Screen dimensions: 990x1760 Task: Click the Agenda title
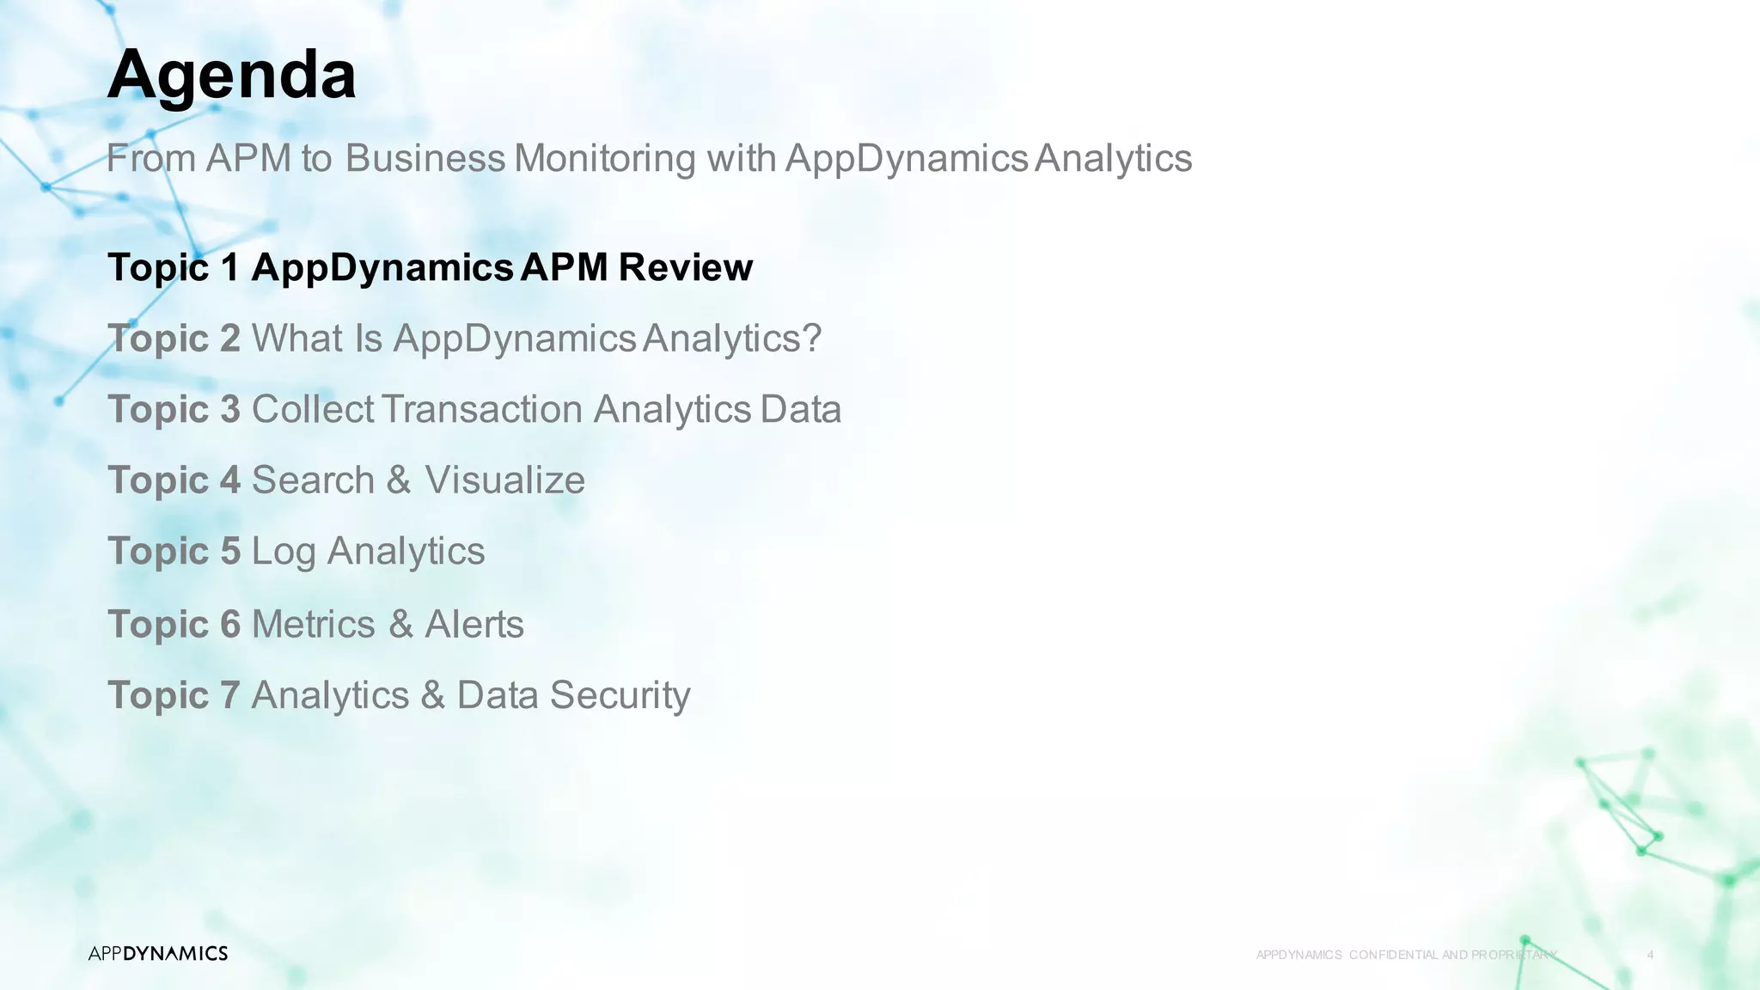(x=231, y=76)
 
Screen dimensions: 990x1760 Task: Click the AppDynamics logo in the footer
(x=158, y=953)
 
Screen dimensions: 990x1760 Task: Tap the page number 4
(x=1650, y=955)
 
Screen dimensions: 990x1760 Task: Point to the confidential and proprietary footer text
(x=1406, y=955)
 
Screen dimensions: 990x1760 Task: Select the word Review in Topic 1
(x=685, y=267)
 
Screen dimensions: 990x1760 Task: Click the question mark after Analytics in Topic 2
(x=812, y=339)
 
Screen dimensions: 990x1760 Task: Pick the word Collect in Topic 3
(x=312, y=409)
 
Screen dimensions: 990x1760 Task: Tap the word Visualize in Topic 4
(x=504, y=480)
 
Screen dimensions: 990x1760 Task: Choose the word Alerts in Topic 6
(x=474, y=624)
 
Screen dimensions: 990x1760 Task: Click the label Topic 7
(x=174, y=695)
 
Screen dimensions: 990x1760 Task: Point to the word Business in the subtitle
(x=425, y=158)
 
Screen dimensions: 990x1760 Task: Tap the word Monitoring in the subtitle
(x=604, y=158)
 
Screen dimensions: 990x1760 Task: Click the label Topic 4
(x=174, y=480)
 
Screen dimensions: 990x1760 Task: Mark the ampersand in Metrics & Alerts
(x=400, y=624)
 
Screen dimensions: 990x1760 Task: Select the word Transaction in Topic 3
(x=482, y=409)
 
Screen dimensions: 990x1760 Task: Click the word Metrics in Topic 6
(x=313, y=624)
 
